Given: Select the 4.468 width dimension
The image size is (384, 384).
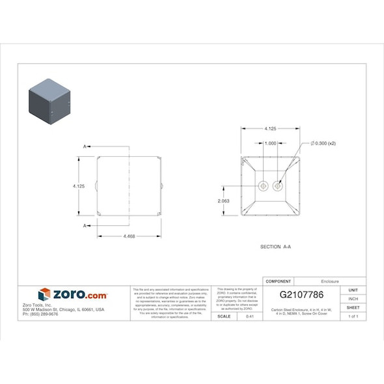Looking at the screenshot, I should click(x=129, y=236).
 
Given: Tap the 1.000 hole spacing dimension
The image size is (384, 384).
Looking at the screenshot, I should click(x=271, y=143).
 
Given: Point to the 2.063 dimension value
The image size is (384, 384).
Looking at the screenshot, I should click(x=224, y=201).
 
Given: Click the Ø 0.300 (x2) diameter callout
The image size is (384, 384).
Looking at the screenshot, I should click(x=323, y=143).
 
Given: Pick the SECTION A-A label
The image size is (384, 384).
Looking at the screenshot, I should click(x=275, y=247).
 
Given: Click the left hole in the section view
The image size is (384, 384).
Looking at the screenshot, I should click(x=263, y=186).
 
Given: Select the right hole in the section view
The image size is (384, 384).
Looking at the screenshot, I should click(x=279, y=186).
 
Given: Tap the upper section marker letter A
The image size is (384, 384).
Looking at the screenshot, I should click(x=85, y=147).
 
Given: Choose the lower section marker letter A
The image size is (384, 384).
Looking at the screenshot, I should click(x=85, y=225).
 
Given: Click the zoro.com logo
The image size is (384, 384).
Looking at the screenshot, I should click(x=73, y=295).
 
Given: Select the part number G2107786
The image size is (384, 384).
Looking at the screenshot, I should click(x=301, y=295).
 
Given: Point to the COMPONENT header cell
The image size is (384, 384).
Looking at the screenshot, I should click(x=279, y=281).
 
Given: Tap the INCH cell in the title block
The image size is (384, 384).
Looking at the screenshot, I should click(x=353, y=299).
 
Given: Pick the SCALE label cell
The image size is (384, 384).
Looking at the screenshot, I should click(x=223, y=316).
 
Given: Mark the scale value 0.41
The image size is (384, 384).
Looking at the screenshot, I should click(x=249, y=316).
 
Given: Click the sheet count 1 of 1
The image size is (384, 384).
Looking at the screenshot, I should click(x=353, y=316).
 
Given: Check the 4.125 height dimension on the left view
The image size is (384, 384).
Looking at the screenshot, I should click(x=79, y=186).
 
